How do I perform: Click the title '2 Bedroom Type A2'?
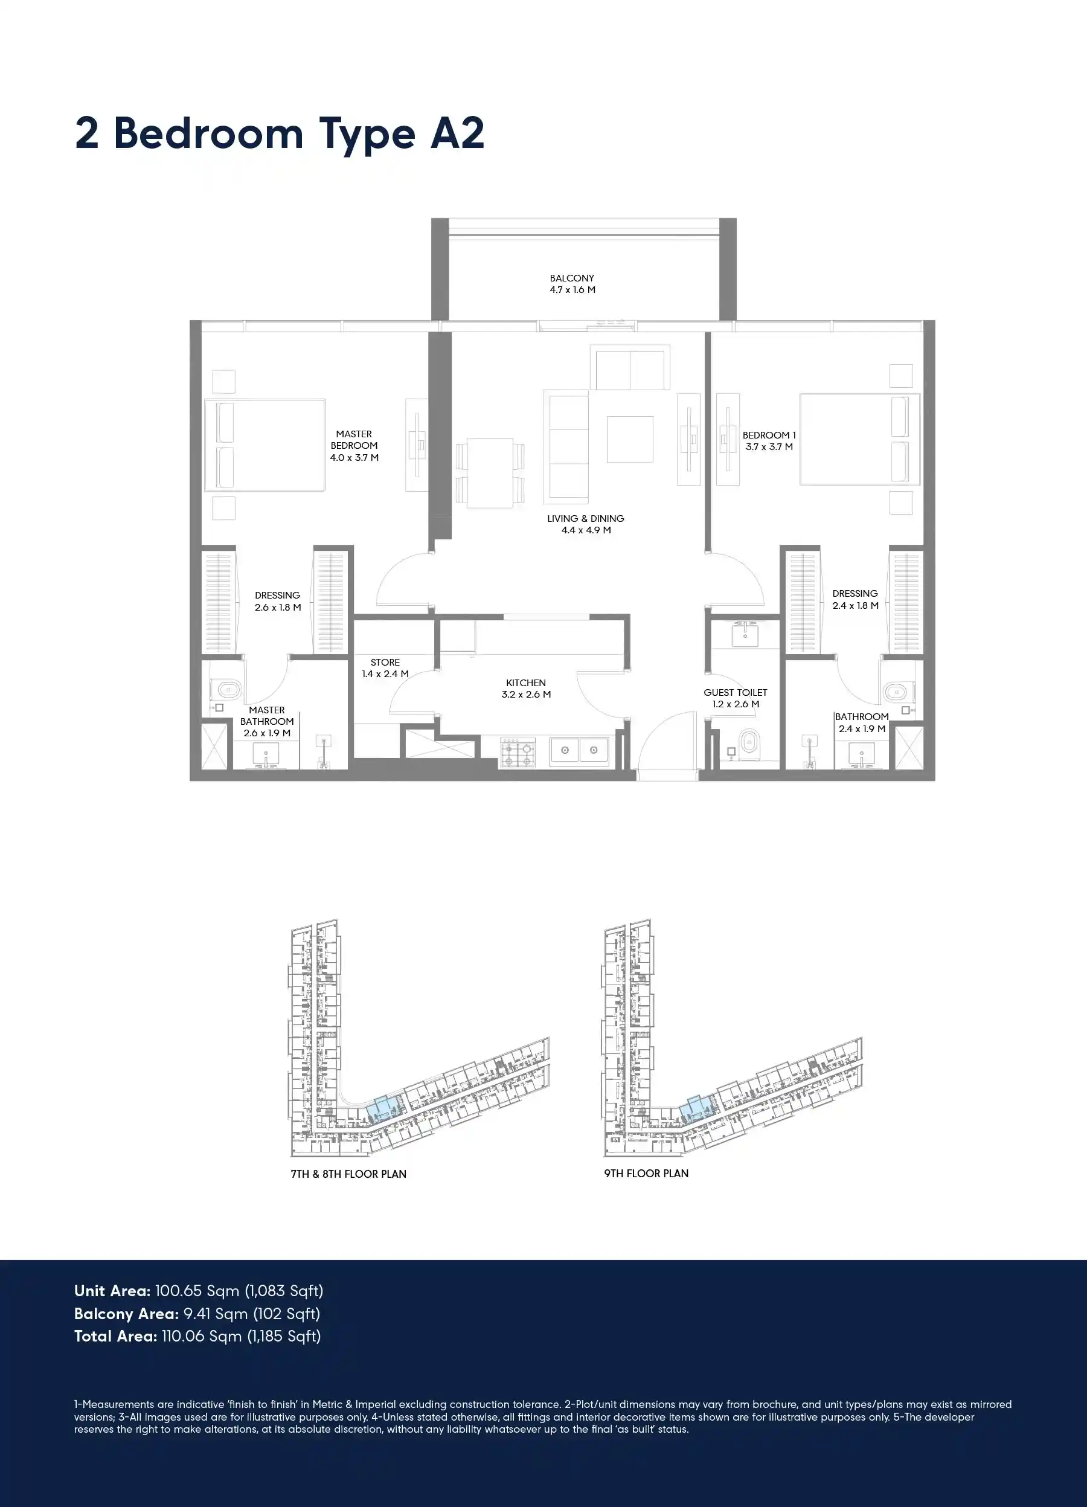280,133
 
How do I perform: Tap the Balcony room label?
572,284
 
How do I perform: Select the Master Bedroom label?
354,445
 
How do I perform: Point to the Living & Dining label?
585,524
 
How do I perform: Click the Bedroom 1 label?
769,440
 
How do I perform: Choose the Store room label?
385,668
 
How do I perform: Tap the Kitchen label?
525,689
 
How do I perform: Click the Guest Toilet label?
736,698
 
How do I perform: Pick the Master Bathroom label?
267,722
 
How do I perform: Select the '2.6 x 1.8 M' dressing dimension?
278,607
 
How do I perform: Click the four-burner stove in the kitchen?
518,753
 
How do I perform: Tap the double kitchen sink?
579,751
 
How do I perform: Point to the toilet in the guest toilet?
749,744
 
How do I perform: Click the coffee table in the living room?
630,439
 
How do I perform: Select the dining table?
490,473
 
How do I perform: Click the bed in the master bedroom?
265,445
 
